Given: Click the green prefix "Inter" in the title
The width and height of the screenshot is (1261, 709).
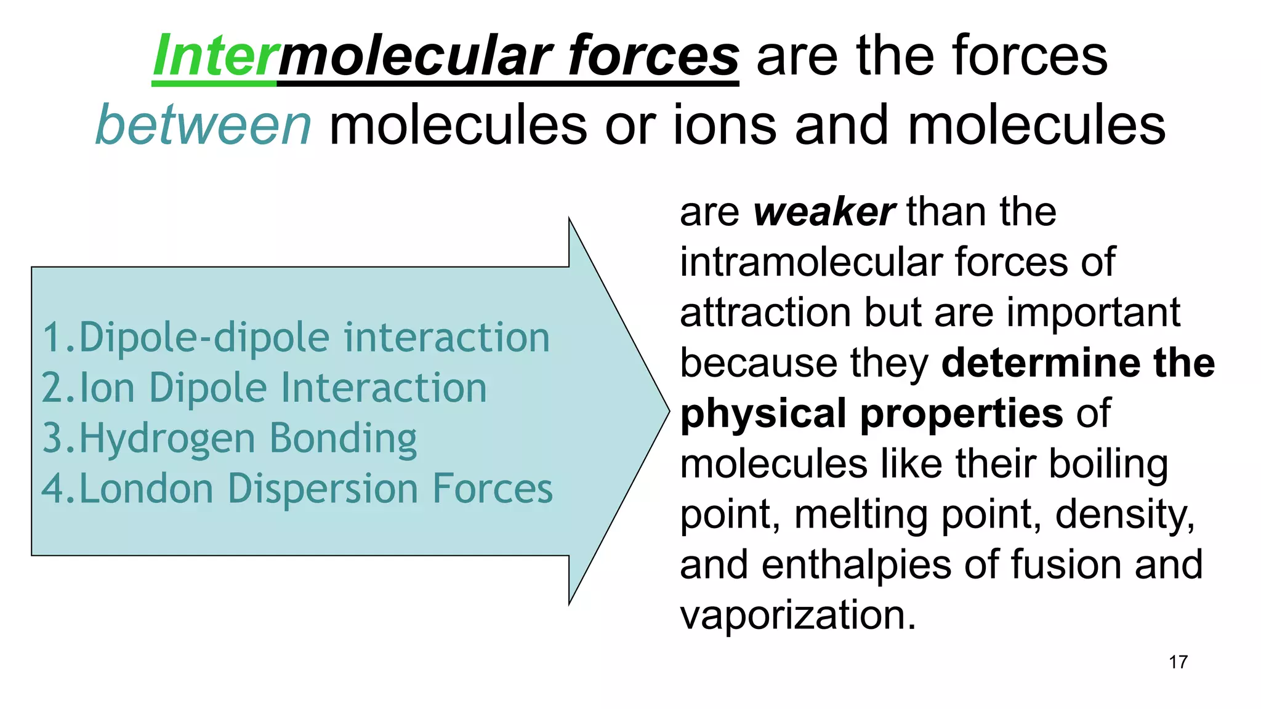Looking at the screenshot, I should pos(214,57).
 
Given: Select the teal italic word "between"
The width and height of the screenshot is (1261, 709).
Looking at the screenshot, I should pos(204,126).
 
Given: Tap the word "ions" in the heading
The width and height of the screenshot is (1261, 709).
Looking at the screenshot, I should pos(725,126).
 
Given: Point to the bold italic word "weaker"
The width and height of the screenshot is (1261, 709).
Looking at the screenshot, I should pos(824,212).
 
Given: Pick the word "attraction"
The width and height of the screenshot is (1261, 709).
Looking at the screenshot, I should pos(765,313).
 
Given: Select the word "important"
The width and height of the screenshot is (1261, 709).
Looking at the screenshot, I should pos(1093,313).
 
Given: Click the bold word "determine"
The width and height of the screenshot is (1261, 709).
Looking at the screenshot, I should pos(1041,363).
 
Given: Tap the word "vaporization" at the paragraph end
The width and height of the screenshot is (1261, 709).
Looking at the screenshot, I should pos(798,615).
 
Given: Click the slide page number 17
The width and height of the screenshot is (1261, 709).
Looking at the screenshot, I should pos(1178,662).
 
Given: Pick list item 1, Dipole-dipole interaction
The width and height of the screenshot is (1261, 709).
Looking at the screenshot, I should pos(296,338).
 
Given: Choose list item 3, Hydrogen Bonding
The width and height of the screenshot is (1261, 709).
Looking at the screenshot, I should pos(229,439).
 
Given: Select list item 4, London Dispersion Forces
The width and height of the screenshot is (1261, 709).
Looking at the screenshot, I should pos(297,489).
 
